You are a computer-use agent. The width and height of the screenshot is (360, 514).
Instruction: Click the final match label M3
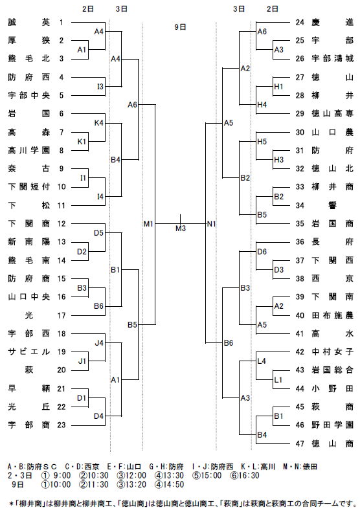coord(181,229)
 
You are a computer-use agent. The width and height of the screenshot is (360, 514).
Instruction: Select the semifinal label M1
coord(148,224)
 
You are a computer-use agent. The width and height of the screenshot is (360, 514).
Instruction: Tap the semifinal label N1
coord(212,224)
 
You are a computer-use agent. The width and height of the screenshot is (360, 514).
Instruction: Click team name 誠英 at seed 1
coord(29,22)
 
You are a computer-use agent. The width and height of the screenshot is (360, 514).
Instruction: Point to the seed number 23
coord(62,425)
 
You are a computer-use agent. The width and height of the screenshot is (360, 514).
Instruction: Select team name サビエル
coord(29,352)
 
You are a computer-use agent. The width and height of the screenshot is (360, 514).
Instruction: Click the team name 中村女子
coord(332,352)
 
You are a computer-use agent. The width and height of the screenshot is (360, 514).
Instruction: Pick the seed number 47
coord(300,444)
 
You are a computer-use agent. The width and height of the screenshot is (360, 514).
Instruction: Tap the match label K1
coord(82,142)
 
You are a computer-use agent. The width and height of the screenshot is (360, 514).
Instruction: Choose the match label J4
coord(99,343)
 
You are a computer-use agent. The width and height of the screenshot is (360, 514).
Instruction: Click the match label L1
coord(278,379)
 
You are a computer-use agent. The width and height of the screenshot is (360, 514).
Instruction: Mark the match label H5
coord(262,142)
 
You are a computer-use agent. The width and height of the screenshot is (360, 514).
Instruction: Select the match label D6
coord(262,251)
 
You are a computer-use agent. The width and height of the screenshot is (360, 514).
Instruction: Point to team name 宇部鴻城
coord(332,59)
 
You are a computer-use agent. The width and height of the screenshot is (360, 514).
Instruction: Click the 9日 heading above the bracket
coord(181,27)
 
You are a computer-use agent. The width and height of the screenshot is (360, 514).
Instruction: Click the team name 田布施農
coord(332,316)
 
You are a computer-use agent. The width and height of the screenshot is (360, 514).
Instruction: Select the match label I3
coord(100,87)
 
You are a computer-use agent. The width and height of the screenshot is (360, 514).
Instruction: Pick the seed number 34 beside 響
coord(300,205)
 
